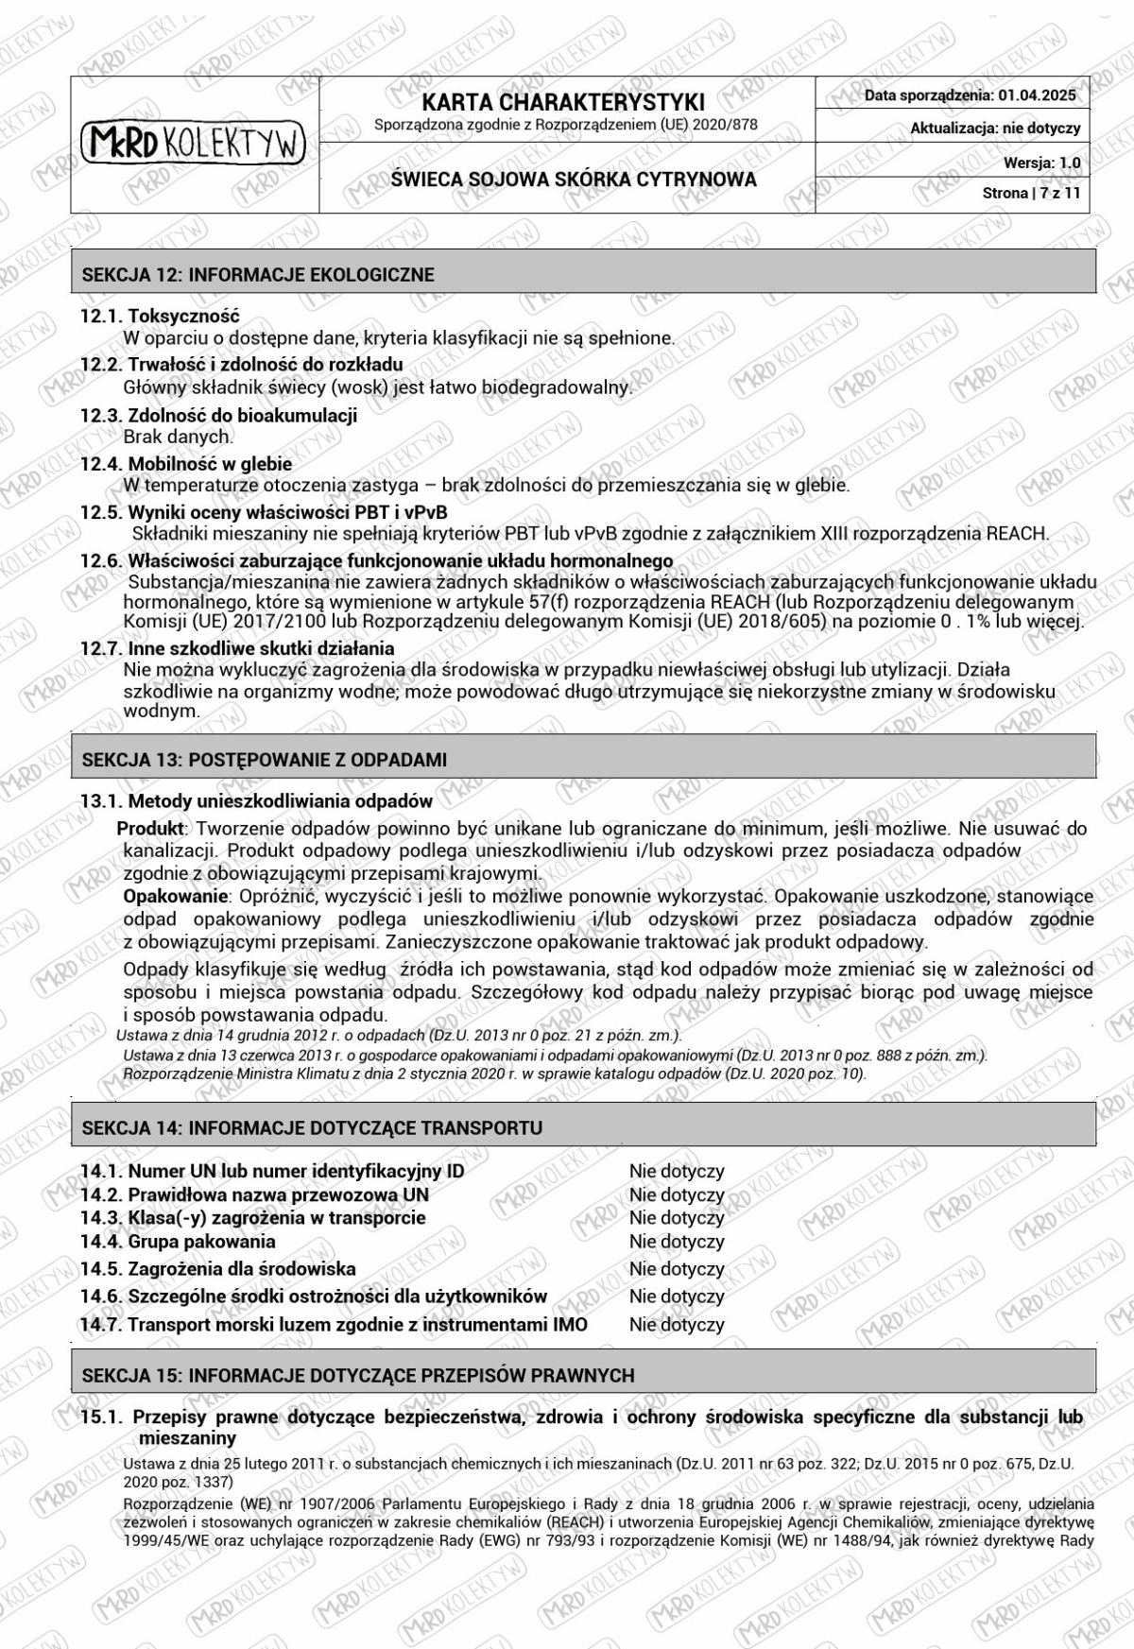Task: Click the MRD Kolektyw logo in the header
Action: (195, 143)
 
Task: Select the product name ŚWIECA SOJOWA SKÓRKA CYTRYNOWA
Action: (574, 180)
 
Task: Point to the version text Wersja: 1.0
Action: (1041, 163)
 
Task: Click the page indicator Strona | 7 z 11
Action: (1031, 193)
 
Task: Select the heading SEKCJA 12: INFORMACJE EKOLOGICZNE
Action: (258, 275)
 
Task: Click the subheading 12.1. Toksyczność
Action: (160, 317)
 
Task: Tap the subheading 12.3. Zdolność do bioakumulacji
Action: (218, 415)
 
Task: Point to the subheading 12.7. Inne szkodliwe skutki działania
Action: (237, 648)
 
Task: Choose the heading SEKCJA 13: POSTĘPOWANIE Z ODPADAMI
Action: (265, 760)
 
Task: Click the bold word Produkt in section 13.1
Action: (151, 829)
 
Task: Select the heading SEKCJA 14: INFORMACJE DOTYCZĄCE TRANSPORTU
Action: (312, 1127)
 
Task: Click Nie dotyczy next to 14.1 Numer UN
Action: (677, 1171)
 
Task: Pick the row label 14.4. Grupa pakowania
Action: (178, 1242)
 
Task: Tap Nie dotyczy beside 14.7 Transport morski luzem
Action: (677, 1325)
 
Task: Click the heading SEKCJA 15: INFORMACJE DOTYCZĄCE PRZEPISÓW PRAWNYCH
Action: (358, 1375)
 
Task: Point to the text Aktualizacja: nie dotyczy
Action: (994, 129)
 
